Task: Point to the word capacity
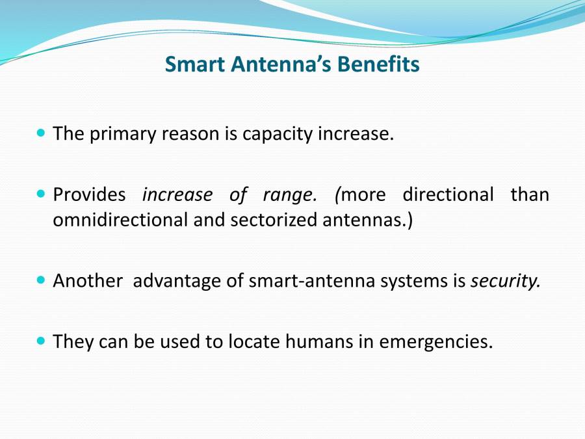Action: pyautogui.click(x=278, y=135)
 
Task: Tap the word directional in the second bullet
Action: pyautogui.click(x=448, y=194)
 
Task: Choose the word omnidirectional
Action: pyautogui.click(x=120, y=220)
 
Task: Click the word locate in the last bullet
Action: pyautogui.click(x=253, y=341)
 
